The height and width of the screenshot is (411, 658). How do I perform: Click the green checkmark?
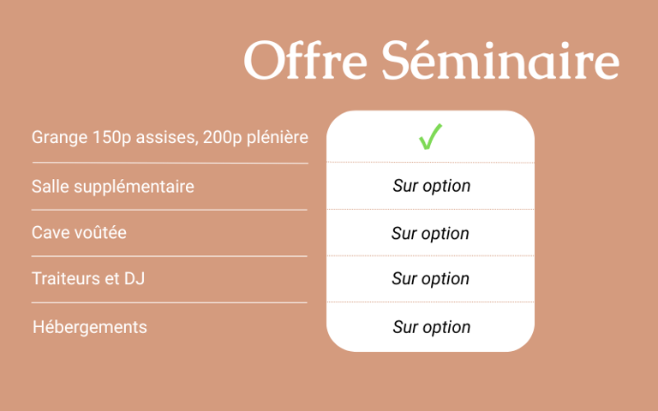point(430,137)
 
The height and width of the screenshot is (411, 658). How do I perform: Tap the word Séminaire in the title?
point(500,60)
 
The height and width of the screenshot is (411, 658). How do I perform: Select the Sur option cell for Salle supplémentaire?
point(432,186)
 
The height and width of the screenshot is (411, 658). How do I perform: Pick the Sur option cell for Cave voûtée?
point(430,233)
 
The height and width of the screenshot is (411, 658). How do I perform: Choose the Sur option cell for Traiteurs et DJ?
point(430,278)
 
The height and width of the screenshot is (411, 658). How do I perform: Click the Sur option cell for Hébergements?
point(432,327)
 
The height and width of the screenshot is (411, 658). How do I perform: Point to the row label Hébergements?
point(90,327)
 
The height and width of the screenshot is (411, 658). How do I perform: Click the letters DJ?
point(135,278)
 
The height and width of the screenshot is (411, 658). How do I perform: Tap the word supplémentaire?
point(134,187)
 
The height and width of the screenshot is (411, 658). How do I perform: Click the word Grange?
point(60,138)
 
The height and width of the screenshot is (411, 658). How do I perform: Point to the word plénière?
point(278,138)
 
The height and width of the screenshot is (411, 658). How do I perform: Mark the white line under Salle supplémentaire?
point(170,210)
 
